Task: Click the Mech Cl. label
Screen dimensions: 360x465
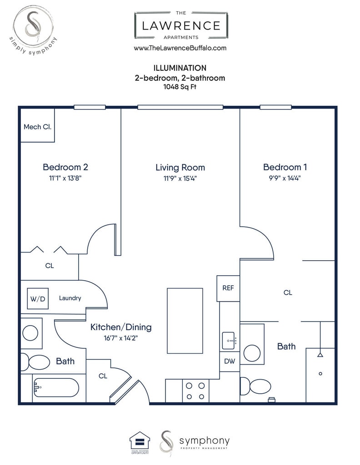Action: (37, 127)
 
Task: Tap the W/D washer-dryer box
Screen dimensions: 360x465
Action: (38, 299)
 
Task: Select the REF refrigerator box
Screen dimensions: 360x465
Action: (228, 288)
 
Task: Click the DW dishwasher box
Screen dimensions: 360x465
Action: (230, 361)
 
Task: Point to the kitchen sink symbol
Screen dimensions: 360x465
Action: (229, 341)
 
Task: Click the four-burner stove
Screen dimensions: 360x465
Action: (195, 391)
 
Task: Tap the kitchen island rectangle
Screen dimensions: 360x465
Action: (185, 321)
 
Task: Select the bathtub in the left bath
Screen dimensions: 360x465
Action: (56, 388)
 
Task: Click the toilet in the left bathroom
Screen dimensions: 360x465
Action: (35, 362)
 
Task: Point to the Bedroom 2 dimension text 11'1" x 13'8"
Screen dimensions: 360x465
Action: (65, 178)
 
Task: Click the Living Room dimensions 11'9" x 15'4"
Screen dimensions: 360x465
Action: (180, 178)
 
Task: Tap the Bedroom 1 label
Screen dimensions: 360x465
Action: (285, 167)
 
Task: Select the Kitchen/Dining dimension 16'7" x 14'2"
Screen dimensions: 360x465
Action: (121, 338)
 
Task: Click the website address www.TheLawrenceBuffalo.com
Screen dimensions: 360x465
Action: (180, 48)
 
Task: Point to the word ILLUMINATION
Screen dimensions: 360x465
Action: (180, 68)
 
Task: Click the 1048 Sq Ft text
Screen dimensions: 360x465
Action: (180, 87)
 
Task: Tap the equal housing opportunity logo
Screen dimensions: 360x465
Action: (140, 442)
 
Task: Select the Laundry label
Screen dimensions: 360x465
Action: (70, 298)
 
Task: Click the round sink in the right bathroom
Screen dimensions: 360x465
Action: (252, 353)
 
